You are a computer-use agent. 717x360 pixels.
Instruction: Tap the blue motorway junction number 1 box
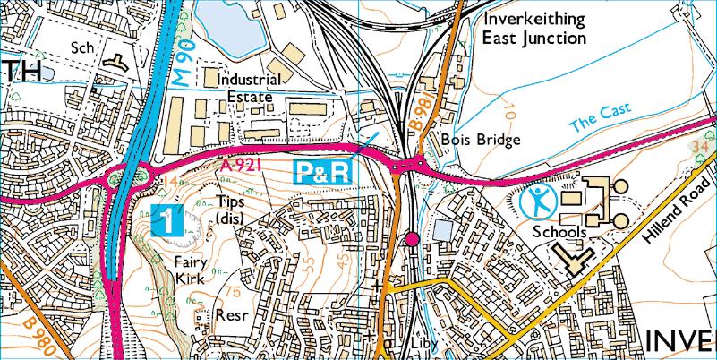click(168, 220)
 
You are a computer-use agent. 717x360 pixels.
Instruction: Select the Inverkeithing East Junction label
click(533, 29)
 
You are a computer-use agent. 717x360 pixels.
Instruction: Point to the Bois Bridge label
click(481, 141)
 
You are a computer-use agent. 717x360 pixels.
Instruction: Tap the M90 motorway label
click(184, 65)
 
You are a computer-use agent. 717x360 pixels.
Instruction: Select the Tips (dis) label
click(231, 210)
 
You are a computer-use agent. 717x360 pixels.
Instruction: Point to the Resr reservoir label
click(231, 315)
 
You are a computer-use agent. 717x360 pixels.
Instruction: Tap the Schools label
click(559, 232)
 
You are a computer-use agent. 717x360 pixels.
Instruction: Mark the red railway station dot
click(412, 238)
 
